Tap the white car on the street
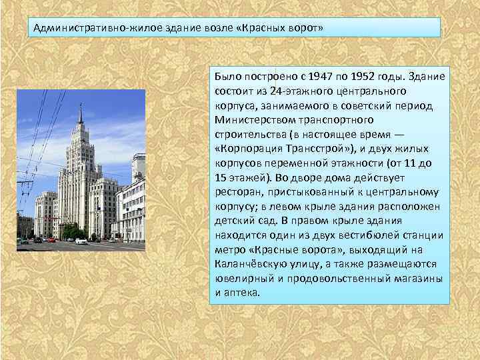[x=81, y=241]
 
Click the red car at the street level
[x=50, y=239]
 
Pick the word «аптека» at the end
[x=241, y=292]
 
